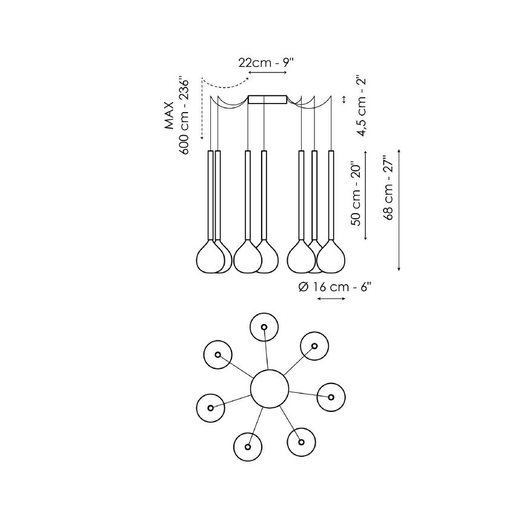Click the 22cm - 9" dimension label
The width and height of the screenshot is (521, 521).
pyautogui.click(x=267, y=62)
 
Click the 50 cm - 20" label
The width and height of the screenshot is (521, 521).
pyautogui.click(x=357, y=194)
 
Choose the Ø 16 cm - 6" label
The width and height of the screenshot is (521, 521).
pyautogui.click(x=334, y=287)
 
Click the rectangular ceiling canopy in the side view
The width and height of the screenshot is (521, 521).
pyautogui.click(x=267, y=99)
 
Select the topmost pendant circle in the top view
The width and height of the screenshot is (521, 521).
pyautogui.click(x=265, y=327)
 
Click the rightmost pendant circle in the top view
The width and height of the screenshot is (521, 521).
pyautogui.click(x=331, y=397)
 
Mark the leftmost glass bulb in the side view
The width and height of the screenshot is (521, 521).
pyautogui.click(x=210, y=257)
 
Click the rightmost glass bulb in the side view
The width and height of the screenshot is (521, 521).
pyautogui.click(x=331, y=257)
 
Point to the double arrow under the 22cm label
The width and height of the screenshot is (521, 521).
pyautogui.click(x=267, y=73)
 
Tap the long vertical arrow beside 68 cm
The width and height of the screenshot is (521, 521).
pyautogui.click(x=400, y=209)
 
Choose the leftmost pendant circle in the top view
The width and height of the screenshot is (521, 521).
pyautogui.click(x=211, y=407)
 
